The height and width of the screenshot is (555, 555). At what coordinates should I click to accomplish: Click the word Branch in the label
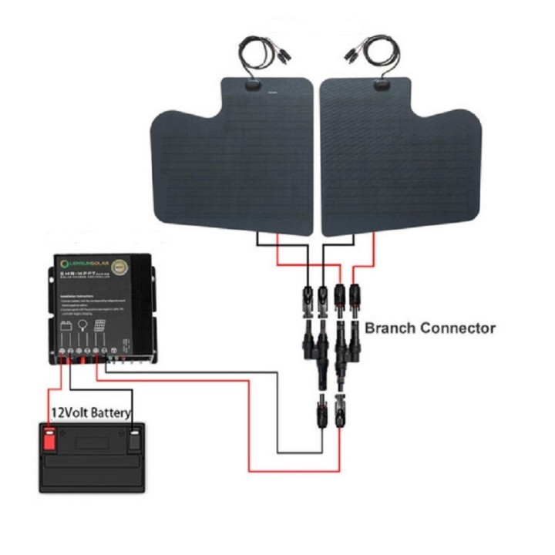click(392, 328)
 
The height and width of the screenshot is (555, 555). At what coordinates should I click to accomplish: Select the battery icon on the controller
click(66, 327)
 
